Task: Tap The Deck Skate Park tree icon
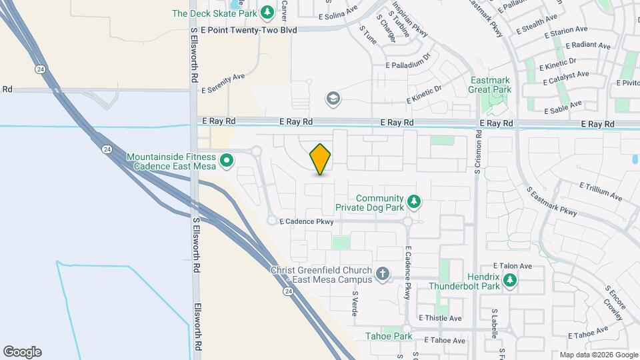click(267, 13)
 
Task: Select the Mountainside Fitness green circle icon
click(226, 160)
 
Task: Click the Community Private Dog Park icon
click(414, 201)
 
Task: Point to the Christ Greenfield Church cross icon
click(383, 273)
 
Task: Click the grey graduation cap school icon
click(331, 99)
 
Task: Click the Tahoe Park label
click(389, 337)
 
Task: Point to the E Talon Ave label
click(512, 265)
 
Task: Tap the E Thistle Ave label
click(440, 318)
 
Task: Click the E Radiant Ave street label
click(587, 46)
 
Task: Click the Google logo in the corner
click(22, 352)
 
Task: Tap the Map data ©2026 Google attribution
click(599, 355)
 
